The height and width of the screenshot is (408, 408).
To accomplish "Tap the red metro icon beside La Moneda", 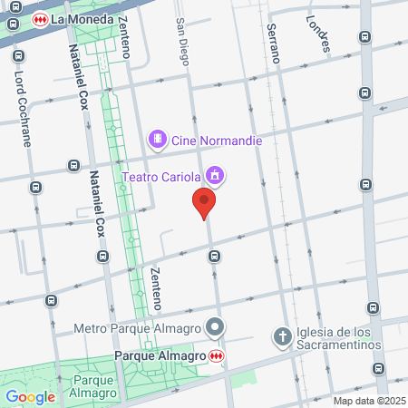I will coord(40,18).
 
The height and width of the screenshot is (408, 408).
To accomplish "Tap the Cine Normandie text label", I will coord(217,140).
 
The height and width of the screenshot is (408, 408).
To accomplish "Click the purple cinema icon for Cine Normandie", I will coord(158,139).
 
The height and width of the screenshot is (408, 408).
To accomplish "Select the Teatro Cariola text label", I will coord(161,175).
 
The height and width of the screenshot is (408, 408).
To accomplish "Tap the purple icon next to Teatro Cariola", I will coord(214,174).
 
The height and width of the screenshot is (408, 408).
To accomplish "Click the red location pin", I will coord(205,203).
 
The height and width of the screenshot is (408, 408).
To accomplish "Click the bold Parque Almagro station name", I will coord(160,355).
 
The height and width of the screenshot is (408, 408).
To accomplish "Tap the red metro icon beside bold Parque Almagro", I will coord(216,355).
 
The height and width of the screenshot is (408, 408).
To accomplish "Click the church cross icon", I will coord(282,336).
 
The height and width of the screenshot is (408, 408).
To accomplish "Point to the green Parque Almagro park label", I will coord(94,386).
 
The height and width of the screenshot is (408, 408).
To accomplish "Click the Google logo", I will coord(30,396).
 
